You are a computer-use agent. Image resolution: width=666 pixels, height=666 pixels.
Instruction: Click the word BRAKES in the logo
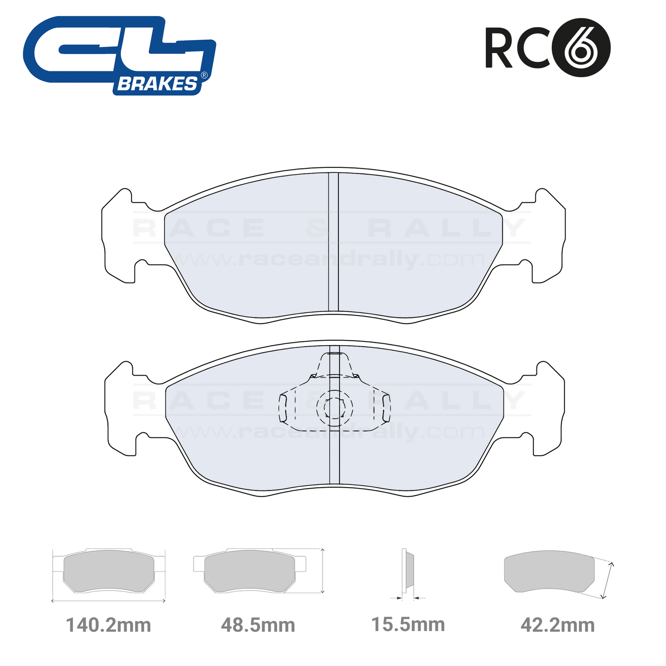coord(158,84)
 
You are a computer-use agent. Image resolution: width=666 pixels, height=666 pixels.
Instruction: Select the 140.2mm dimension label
coord(108,625)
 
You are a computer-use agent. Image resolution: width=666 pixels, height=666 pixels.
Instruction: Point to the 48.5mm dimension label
coord(258,625)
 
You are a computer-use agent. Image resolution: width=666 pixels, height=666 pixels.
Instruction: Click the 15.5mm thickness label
coord(408,625)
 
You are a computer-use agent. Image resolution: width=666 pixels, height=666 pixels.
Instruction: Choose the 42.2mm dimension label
coord(557,625)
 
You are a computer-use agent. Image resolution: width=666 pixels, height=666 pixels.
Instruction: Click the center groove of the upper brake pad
coord(333,242)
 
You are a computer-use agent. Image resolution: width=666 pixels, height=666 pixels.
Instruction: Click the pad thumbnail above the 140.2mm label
coord(109,572)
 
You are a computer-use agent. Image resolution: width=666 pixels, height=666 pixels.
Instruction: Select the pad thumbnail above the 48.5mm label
coord(249,572)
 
